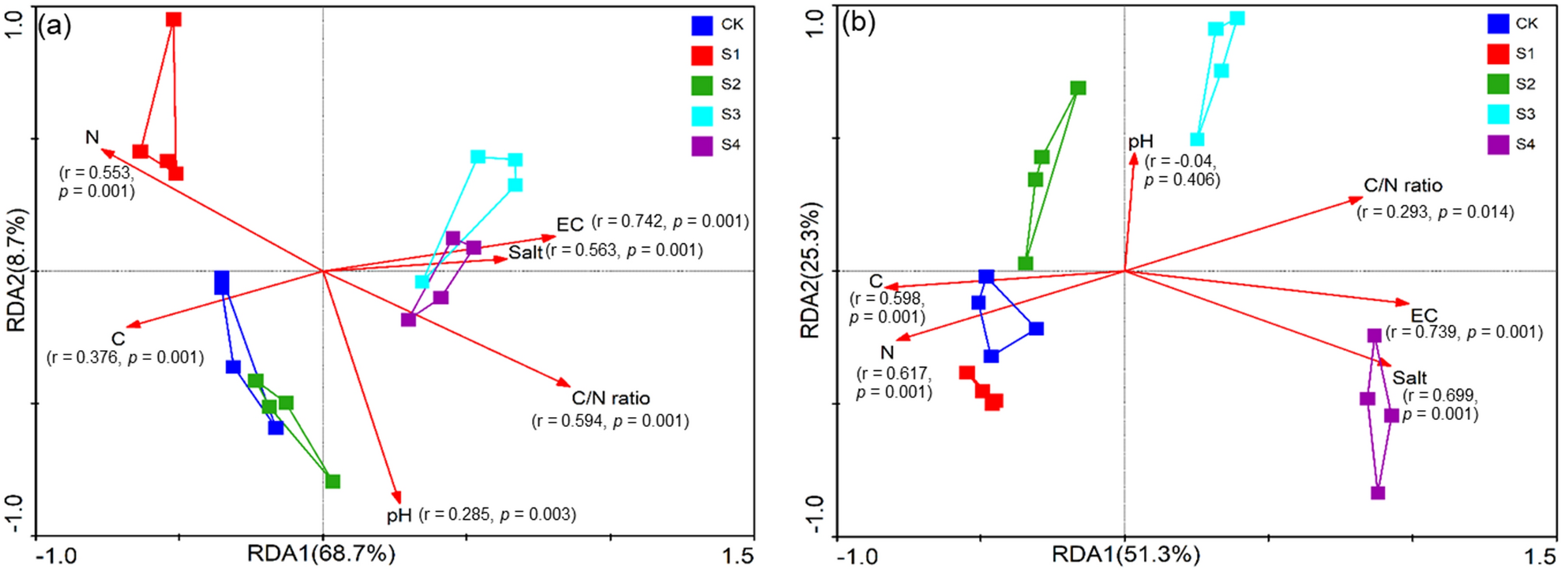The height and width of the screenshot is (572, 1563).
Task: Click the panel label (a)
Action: coord(55,26)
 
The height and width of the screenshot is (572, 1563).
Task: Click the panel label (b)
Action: coord(859,23)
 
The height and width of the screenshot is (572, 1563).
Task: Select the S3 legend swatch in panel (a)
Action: coord(702,115)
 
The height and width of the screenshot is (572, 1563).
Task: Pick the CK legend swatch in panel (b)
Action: coord(1498,23)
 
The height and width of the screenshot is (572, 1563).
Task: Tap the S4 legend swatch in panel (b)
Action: coord(1498,145)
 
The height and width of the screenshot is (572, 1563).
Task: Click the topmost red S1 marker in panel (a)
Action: coord(174,19)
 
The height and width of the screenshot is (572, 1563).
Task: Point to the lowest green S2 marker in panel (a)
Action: coord(333,482)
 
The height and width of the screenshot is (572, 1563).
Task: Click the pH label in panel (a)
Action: coord(399,515)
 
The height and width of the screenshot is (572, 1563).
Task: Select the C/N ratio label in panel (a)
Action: coord(611,398)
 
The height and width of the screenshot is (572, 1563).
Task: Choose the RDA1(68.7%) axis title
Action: coord(321,554)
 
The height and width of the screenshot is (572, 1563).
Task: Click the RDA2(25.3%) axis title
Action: coord(811,270)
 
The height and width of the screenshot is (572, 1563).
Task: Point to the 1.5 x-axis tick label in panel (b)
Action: coord(1540,556)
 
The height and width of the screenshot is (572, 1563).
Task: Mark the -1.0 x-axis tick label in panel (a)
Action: coord(56,556)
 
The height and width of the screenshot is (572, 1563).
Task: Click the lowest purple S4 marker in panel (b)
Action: coord(1378,493)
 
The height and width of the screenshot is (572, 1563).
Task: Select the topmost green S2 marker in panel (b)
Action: coord(1078,88)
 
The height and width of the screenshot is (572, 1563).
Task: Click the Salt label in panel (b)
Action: coord(1410,378)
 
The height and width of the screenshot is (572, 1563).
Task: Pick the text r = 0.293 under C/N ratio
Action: coord(1395,212)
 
